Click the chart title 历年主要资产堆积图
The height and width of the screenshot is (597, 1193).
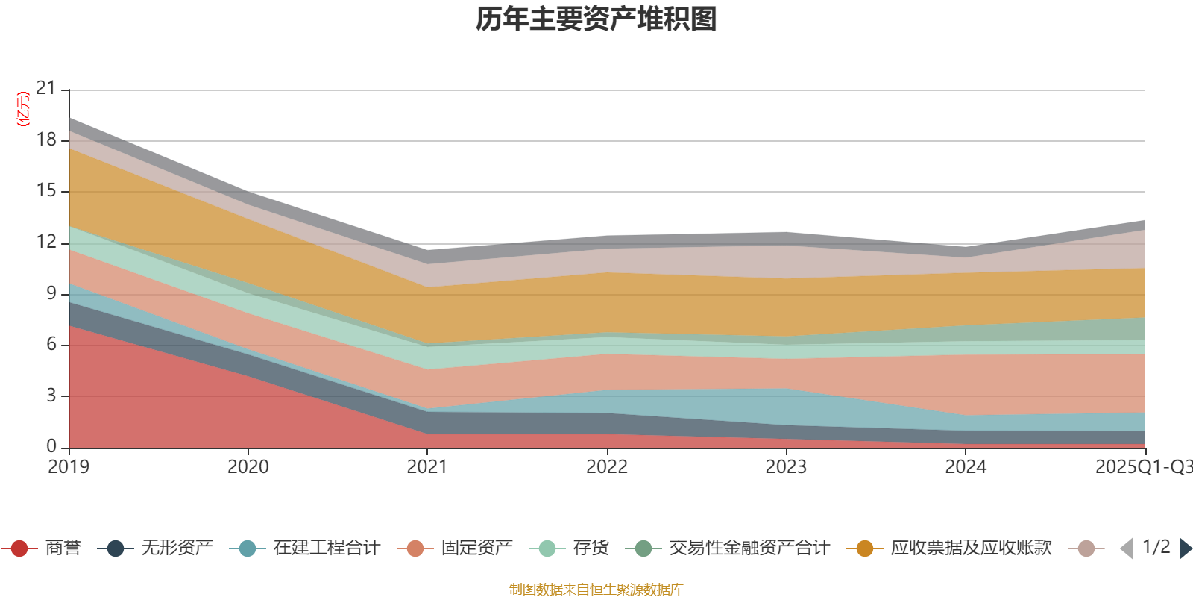pyautogui.click(x=596, y=19)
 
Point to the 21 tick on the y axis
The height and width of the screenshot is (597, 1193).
pyautogui.click(x=46, y=89)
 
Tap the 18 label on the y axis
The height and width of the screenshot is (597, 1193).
pyautogui.click(x=46, y=140)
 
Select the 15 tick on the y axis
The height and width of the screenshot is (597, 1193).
pyautogui.click(x=46, y=191)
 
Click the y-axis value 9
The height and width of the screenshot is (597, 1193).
pyautogui.click(x=51, y=293)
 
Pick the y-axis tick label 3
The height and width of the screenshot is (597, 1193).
pyautogui.click(x=51, y=396)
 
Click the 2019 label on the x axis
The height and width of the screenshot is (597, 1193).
pyautogui.click(x=69, y=467)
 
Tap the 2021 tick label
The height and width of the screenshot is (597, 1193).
pyautogui.click(x=427, y=467)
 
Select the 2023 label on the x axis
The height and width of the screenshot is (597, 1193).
pyautogui.click(x=786, y=467)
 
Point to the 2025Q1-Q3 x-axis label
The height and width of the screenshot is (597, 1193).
pyautogui.click(x=1142, y=467)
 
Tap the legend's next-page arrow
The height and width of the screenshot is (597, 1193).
pyautogui.click(x=1185, y=548)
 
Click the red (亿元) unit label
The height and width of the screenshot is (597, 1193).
pyautogui.click(x=23, y=109)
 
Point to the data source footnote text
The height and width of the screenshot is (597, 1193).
pyautogui.click(x=596, y=590)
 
